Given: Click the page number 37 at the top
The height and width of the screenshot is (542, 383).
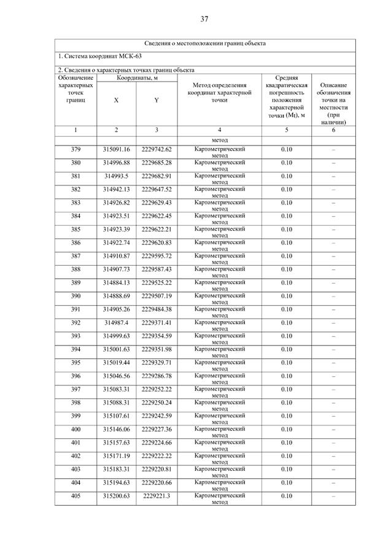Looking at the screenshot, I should [x=204, y=19].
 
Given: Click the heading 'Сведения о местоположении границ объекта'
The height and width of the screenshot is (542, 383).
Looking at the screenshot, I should [x=205, y=44].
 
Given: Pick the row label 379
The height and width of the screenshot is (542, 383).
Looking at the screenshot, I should [x=75, y=149].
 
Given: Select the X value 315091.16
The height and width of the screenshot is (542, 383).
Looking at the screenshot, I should [x=117, y=149].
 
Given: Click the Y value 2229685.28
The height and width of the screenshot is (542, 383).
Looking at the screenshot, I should [x=157, y=163].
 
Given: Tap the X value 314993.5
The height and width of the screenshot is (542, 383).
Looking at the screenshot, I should [x=117, y=176].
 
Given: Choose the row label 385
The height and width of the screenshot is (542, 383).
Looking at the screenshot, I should [x=75, y=230].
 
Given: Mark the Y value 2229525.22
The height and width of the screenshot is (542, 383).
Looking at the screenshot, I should [x=157, y=283].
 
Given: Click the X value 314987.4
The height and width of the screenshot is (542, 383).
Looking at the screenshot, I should [x=117, y=323].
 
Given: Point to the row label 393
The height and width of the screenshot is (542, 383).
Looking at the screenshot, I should [x=75, y=336].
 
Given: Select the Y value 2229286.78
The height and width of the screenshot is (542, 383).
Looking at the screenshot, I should [x=157, y=376].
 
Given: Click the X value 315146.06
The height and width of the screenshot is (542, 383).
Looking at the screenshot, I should [x=117, y=430].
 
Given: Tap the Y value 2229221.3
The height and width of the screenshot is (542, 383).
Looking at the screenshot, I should [x=157, y=496].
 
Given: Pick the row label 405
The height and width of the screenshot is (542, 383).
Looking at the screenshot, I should [x=75, y=496].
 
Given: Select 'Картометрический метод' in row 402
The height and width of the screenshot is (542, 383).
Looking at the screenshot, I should [x=219, y=459].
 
